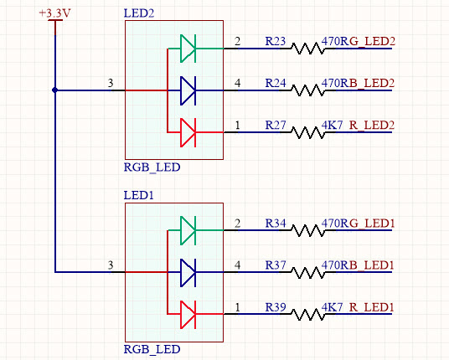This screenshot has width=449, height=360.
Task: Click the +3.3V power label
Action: [x=54, y=13]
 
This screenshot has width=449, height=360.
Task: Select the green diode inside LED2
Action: [x=188, y=49]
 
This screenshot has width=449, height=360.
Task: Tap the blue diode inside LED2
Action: [x=188, y=90]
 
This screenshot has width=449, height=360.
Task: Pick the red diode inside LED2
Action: [x=188, y=132]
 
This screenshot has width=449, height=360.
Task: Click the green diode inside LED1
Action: [x=188, y=230]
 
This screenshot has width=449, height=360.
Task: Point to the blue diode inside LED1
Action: [x=188, y=272]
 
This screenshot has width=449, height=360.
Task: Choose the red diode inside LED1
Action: [x=188, y=314]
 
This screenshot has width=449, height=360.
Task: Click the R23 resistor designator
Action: [x=276, y=42]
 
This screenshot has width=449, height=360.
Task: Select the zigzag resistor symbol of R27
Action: [x=308, y=133]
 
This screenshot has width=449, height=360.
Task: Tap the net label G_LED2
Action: [x=372, y=42]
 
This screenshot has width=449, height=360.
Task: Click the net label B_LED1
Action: [x=372, y=265]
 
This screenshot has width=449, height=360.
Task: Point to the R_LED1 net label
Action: [x=372, y=307]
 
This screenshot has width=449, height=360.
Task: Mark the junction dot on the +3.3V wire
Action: [x=55, y=90]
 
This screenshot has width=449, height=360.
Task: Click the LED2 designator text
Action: [x=139, y=13]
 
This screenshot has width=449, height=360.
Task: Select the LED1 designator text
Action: [x=138, y=195]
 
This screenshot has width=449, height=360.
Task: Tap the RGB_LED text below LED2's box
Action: [x=152, y=167]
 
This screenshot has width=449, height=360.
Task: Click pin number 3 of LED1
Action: [x=111, y=265]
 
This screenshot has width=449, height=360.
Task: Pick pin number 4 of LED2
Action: [x=237, y=83]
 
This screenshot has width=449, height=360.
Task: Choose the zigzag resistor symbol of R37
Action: [x=308, y=272]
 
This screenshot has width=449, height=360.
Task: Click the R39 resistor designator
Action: [x=276, y=307]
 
